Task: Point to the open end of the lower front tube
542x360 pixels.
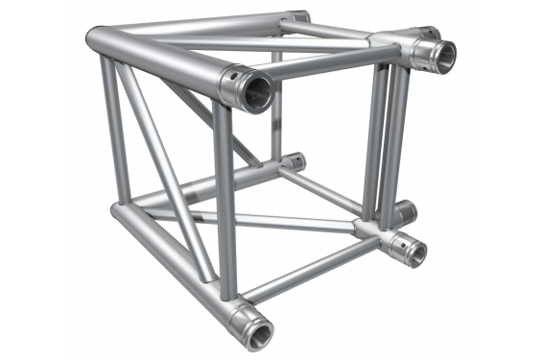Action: pyautogui.click(x=259, y=332)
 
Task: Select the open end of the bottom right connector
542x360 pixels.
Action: pyautogui.click(x=413, y=251)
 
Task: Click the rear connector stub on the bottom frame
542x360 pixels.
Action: pyautogui.click(x=294, y=161)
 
